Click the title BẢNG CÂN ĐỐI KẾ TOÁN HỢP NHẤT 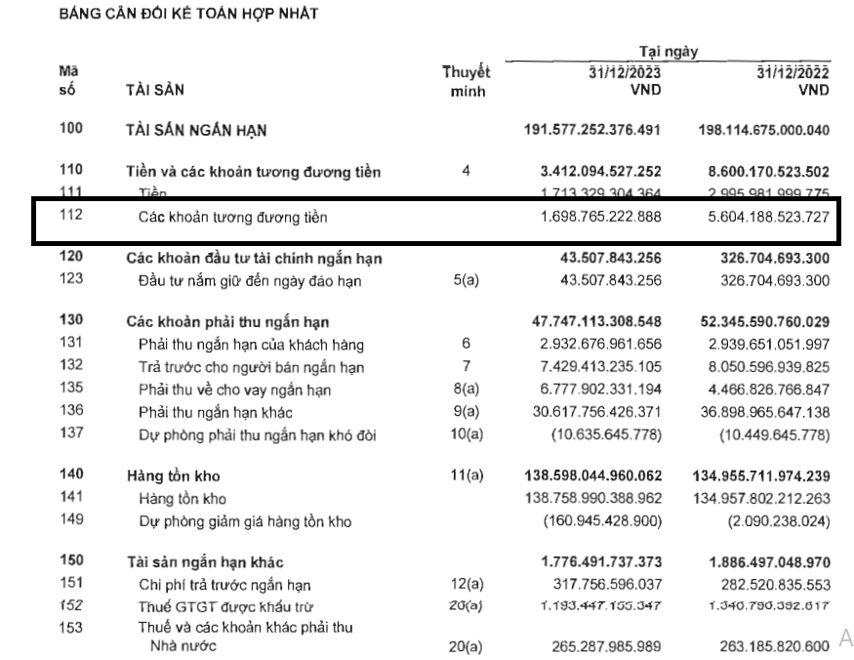click(x=188, y=15)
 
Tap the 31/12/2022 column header click(x=792, y=73)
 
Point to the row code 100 click(x=71, y=129)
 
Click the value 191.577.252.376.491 click(x=592, y=130)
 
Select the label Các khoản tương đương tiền click(x=232, y=218)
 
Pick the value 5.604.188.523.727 click(x=764, y=217)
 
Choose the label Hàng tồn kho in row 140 click(x=174, y=476)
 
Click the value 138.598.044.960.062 click(x=592, y=476)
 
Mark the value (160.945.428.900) click(x=602, y=521)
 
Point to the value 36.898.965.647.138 click(x=764, y=411)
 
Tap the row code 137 click(x=71, y=433)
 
